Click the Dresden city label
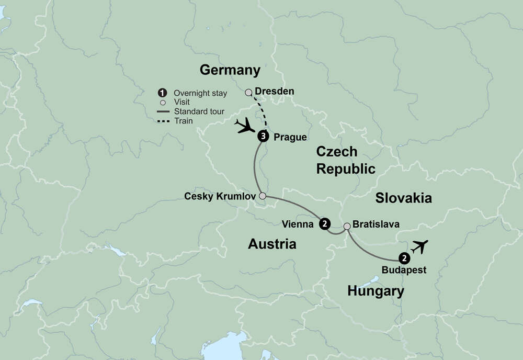[274, 91]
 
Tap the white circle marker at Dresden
[249, 92]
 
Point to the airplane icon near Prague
[244, 125]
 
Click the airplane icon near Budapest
[419, 246]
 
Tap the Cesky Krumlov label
[220, 196]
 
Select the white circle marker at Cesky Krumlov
[263, 196]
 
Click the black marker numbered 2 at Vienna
[325, 224]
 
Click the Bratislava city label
[376, 224]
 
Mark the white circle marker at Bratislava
[347, 226]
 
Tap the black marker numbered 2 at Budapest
[404, 258]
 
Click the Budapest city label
[404, 271]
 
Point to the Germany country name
[230, 70]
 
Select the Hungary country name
[376, 291]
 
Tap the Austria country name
[272, 243]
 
